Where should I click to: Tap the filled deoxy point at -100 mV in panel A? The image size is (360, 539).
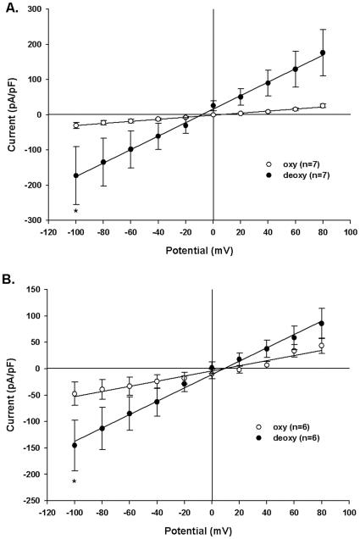76,175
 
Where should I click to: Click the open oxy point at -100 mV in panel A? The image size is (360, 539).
76,125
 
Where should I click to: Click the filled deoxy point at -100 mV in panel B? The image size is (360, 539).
76,445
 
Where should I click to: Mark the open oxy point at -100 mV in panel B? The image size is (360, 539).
76,394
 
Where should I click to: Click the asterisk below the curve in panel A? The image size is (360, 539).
76,211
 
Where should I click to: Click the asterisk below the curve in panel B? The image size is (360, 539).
76,482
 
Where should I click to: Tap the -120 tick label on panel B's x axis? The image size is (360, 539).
48,514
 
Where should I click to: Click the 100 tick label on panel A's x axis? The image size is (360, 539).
349,232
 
